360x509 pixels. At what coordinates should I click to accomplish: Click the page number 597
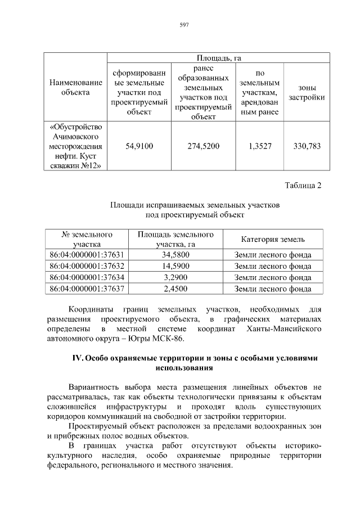click(183, 24)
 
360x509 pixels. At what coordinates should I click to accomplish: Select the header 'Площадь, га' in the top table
click(218, 58)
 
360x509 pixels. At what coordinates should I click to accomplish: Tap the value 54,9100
click(139, 146)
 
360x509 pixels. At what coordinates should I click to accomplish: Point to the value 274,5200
click(203, 146)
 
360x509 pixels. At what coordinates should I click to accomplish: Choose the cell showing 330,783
click(307, 146)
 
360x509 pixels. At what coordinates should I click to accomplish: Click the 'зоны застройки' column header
click(307, 93)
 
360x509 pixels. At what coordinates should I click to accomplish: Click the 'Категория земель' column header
click(273, 239)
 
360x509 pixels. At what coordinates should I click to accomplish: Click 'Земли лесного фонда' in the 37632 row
click(273, 266)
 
